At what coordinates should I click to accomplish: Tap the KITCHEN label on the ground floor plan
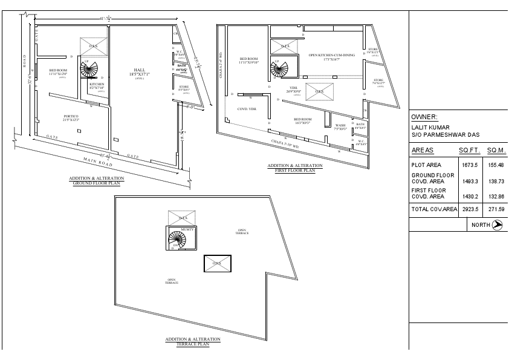[97, 84]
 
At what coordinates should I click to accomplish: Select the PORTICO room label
[71, 116]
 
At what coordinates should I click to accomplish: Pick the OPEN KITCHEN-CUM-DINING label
[323, 55]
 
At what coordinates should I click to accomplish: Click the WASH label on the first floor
[341, 125]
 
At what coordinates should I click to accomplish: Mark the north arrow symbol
[498, 224]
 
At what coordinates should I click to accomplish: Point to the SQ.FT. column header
[469, 149]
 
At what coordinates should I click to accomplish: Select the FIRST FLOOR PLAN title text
[295, 171]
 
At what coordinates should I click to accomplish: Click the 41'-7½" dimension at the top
[106, 19]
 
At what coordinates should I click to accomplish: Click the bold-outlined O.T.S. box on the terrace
[216, 263]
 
